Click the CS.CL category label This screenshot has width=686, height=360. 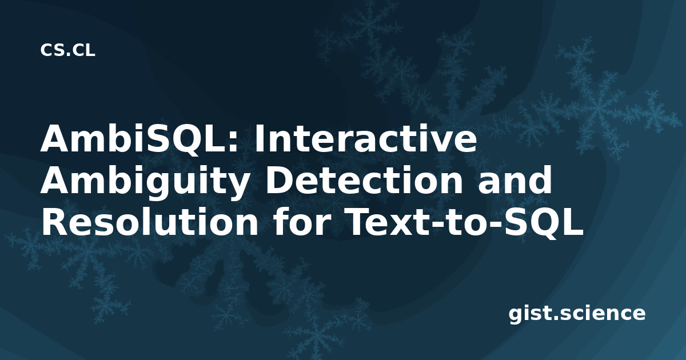coord(67,50)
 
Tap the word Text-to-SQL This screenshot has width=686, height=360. coord(465,223)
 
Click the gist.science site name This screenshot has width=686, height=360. coord(577,314)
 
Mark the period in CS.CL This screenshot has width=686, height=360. coord(69,55)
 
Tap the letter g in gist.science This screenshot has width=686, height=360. coord(516,315)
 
